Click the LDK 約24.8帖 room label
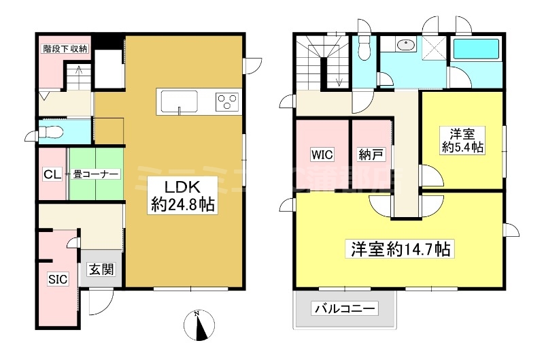(182, 195)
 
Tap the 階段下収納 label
(65, 48)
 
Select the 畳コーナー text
(96, 174)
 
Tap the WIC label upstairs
(322, 154)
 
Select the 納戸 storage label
(372, 154)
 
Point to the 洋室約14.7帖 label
(399, 249)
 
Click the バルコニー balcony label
(344, 310)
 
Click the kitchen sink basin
(179, 103)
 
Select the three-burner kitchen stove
(226, 102)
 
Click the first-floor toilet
(52, 131)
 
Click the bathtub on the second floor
(476, 50)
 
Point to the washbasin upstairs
(407, 46)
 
